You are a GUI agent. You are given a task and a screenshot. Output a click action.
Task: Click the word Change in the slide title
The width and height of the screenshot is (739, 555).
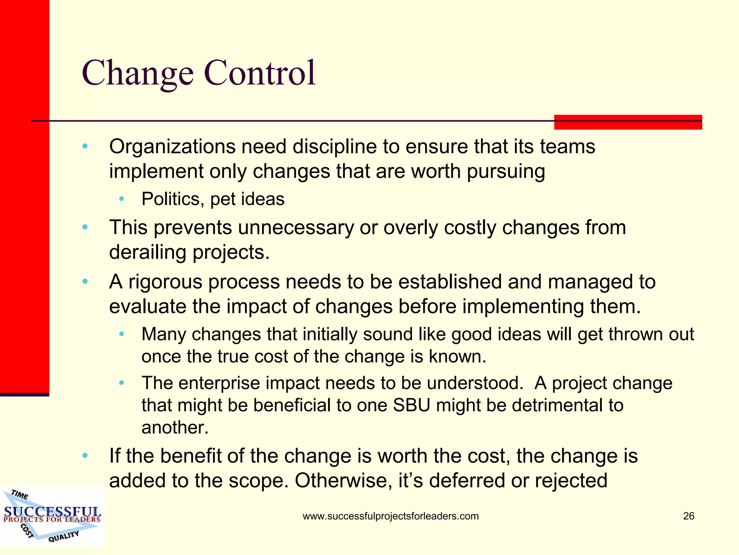click(x=137, y=73)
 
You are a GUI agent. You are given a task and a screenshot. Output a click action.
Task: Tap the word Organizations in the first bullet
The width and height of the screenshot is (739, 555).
click(x=172, y=147)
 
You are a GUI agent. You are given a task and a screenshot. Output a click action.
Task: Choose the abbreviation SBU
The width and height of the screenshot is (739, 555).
click(x=411, y=405)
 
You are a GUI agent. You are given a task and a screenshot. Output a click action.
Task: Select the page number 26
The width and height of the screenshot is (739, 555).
click(x=688, y=516)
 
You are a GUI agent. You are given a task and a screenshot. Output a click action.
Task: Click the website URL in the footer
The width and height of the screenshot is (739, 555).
click(x=390, y=516)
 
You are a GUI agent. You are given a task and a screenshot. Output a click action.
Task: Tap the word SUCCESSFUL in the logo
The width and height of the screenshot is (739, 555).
click(x=52, y=512)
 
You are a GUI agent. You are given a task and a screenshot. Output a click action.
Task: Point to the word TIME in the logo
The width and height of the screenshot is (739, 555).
click(x=19, y=494)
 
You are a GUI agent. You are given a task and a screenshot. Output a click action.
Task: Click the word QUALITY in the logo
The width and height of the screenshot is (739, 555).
click(x=64, y=536)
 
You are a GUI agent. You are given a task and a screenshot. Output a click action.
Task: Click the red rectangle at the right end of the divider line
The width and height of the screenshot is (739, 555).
click(x=628, y=122)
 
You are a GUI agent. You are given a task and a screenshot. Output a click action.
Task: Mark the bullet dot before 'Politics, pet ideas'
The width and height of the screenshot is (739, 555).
click(x=122, y=199)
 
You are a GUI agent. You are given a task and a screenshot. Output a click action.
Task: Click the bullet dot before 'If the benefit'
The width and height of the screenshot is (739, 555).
click(x=85, y=456)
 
